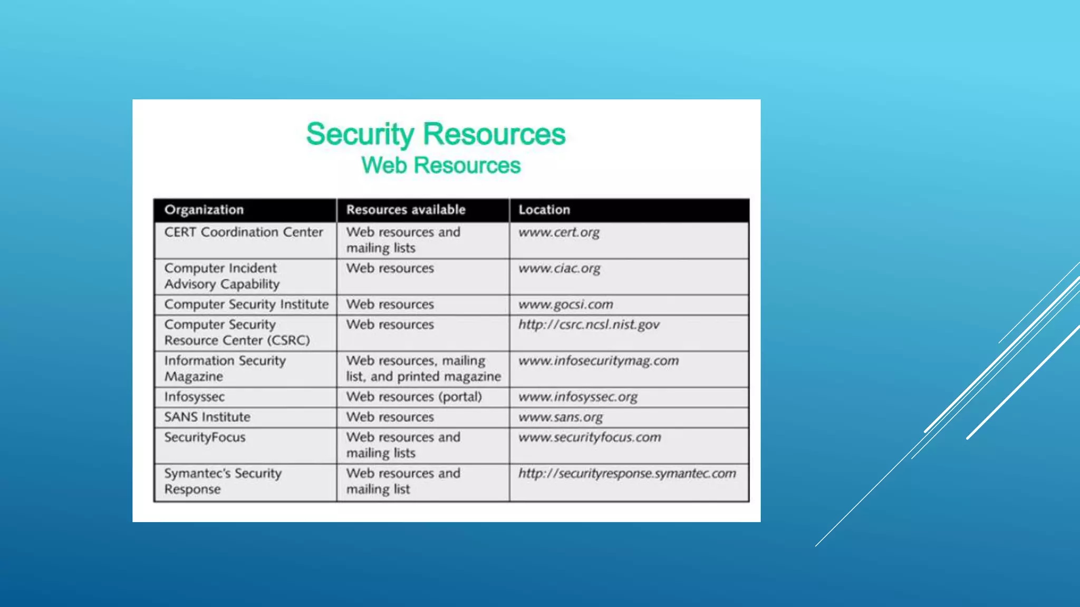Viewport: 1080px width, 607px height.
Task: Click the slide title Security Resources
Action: pos(436,134)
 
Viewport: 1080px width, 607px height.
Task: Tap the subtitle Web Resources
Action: pos(441,165)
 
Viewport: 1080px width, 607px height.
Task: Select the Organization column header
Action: pos(204,210)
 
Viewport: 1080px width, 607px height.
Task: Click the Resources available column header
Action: pos(406,210)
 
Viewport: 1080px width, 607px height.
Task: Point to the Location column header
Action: pos(544,210)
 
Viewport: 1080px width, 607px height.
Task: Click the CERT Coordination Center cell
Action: pos(243,232)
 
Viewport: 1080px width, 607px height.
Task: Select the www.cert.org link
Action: pos(559,232)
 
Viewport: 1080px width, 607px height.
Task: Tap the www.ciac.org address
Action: pos(559,269)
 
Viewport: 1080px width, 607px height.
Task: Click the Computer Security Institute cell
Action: pos(246,305)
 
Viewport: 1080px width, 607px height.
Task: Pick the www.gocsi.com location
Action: pos(565,305)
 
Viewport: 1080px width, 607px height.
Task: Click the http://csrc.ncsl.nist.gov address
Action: pos(589,325)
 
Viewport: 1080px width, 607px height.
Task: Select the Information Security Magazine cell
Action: pos(225,368)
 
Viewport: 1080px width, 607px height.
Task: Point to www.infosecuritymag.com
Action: pos(599,361)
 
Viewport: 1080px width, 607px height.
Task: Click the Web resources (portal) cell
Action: pos(414,397)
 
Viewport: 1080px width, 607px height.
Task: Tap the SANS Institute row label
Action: pos(207,417)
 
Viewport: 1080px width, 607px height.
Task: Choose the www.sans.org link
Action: pos(560,417)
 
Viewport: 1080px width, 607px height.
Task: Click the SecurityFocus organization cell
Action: pos(205,437)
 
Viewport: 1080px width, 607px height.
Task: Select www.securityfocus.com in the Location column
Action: pos(590,437)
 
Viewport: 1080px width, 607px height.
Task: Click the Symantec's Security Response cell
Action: pos(223,481)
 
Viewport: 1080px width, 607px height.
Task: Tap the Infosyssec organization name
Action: pos(194,397)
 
